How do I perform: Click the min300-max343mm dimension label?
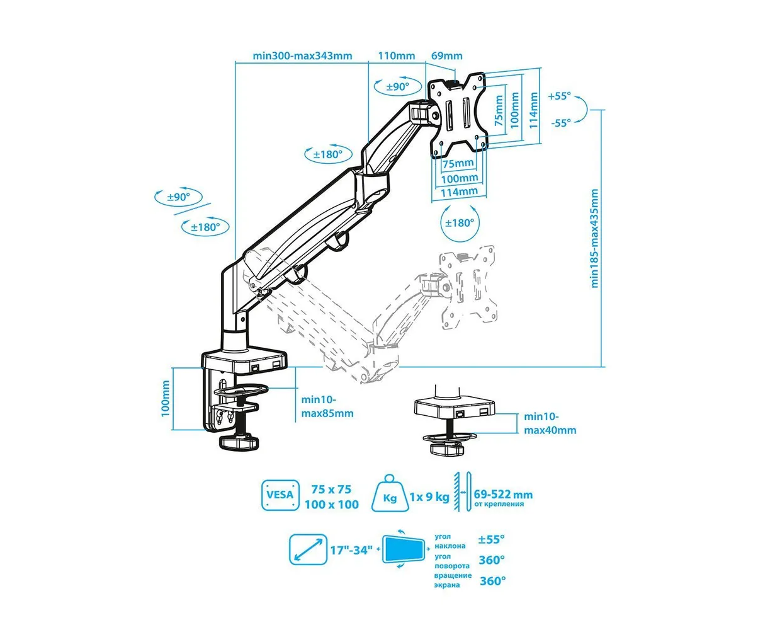click(x=302, y=55)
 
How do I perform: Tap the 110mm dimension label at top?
click(x=396, y=55)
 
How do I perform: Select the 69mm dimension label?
click(x=446, y=55)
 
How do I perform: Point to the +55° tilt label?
click(x=559, y=96)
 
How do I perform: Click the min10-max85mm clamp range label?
click(x=327, y=406)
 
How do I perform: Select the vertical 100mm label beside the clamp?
click(x=166, y=398)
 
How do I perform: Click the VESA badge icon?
click(x=280, y=495)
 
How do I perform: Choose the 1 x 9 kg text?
click(x=429, y=496)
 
